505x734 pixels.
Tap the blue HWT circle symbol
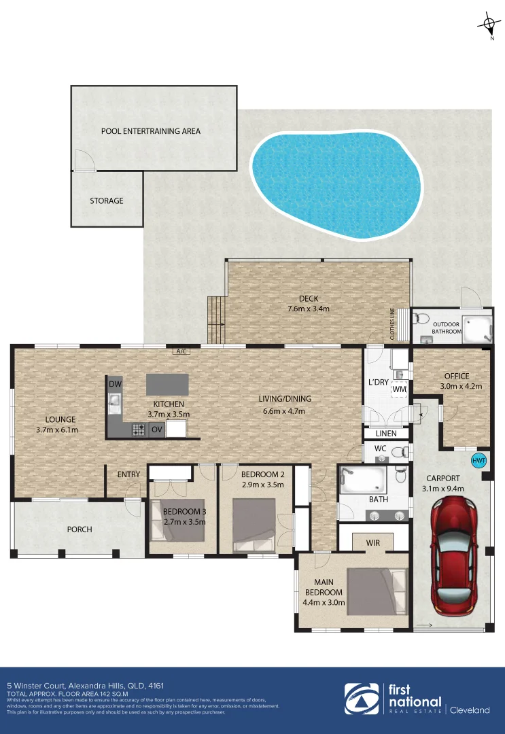479,460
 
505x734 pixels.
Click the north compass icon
489,25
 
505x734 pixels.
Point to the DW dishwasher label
114,385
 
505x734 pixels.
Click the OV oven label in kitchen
156,429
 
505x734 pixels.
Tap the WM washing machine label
400,389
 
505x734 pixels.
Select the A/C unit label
181,351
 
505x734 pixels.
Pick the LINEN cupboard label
387,433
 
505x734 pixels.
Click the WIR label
372,542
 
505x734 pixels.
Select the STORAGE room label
107,200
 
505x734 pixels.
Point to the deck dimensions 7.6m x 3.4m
309,309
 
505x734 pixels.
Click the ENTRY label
128,474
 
